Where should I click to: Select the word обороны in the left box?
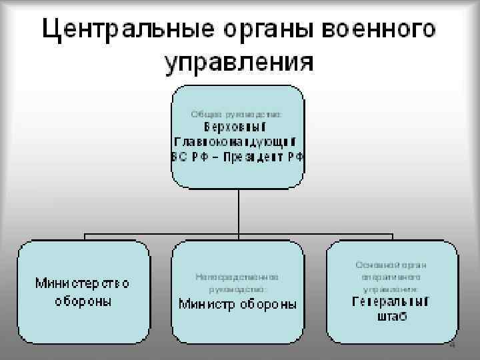[83, 301]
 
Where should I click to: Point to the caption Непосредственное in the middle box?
[237, 276]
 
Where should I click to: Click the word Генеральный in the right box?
[391, 302]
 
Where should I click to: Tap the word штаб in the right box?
[391, 316]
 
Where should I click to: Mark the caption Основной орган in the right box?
[391, 265]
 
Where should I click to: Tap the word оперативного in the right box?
[391, 277]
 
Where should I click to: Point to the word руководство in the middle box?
[237, 289]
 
